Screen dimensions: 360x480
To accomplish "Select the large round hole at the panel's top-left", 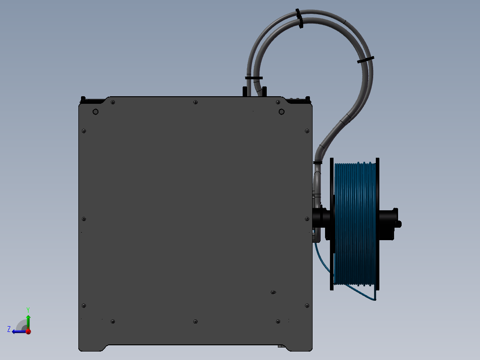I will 95,111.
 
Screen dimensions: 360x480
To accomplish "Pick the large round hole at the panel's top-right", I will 281,111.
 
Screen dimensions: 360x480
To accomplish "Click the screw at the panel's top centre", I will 195,102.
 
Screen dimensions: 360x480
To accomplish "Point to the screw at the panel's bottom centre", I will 195,321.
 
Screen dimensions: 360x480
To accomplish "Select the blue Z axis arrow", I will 18,331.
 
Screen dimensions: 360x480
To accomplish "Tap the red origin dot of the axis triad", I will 28,331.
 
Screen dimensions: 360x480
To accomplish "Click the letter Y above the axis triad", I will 28,309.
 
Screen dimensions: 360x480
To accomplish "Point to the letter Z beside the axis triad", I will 9,329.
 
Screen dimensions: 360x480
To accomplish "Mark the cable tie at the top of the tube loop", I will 300,19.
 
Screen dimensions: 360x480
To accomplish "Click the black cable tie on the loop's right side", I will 366,60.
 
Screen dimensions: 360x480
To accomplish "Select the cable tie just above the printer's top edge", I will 254,78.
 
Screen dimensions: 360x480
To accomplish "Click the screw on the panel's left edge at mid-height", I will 84,219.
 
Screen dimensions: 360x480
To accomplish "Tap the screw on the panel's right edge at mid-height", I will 306,219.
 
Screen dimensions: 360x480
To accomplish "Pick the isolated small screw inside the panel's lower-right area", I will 273,292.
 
